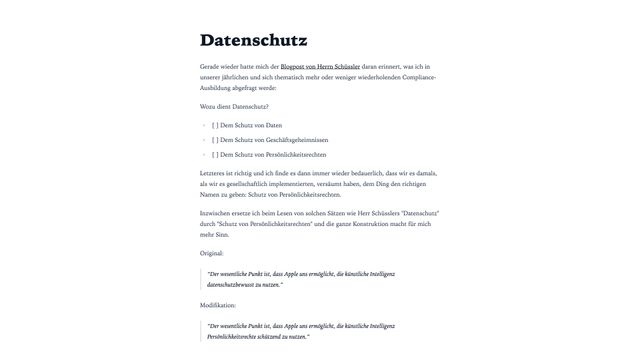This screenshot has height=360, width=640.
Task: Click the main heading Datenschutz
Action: (253, 41)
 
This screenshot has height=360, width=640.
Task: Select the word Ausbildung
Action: (217, 87)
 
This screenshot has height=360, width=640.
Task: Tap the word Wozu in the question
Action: (209, 106)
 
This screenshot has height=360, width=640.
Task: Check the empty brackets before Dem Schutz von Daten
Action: (215, 125)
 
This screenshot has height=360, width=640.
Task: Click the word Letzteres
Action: (215, 174)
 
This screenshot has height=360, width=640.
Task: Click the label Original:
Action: (213, 254)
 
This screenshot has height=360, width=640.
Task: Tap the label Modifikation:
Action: (221, 304)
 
